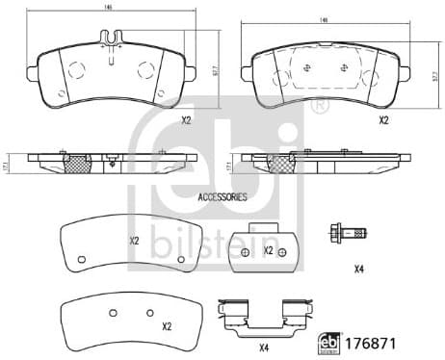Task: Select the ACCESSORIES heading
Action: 222,196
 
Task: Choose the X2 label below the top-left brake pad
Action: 186,121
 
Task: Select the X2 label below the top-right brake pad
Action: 382,120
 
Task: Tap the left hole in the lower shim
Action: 112,311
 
